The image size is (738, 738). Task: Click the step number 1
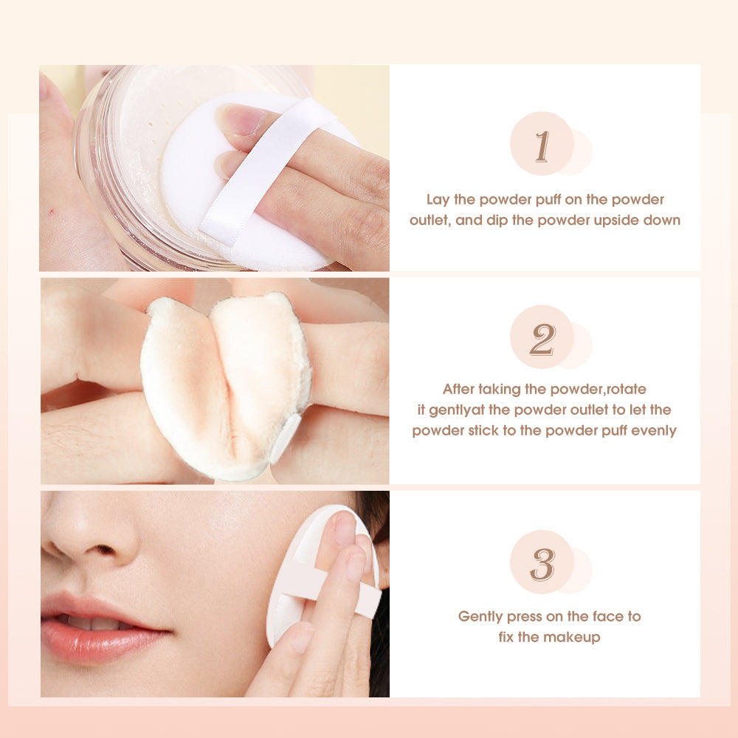coord(542,146)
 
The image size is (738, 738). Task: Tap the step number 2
coord(542,339)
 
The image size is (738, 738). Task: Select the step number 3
coord(542,565)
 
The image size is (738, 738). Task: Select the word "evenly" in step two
coord(652,431)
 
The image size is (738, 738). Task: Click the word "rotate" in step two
coord(624,389)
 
